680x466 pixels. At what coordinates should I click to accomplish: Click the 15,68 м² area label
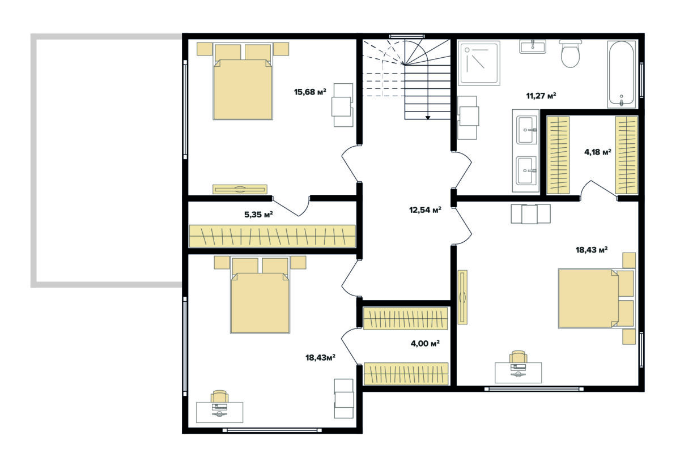pos(310,92)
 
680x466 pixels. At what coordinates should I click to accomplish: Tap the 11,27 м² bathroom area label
pos(541,96)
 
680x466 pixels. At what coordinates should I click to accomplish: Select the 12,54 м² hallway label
pos(425,210)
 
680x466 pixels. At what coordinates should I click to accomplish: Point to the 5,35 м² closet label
pos(258,215)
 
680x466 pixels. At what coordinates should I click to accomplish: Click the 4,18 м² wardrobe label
pos(597,152)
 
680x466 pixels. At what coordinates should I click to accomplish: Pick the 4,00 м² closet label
pos(425,343)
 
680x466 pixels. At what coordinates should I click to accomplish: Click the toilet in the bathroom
pos(571,53)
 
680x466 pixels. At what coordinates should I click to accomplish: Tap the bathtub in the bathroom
pos(621,74)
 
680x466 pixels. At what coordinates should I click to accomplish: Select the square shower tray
pos(479,63)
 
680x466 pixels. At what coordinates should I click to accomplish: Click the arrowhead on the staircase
pos(428,118)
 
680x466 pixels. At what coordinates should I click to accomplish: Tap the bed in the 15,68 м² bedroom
pos(243,82)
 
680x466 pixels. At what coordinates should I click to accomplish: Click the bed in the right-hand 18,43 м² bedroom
pos(597,298)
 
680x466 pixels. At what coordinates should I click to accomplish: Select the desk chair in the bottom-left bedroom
pos(219,397)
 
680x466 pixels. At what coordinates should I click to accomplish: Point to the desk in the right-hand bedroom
pos(518,372)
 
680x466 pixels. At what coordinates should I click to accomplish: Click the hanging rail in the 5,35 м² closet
pos(272,236)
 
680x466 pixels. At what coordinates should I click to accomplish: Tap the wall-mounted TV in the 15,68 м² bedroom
pos(240,189)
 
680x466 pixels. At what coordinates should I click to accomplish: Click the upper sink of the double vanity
pos(526,130)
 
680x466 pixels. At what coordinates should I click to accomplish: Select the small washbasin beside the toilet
pos(533,46)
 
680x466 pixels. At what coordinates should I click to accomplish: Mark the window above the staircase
pos(406,36)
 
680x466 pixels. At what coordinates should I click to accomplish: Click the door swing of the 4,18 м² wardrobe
pos(598,190)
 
